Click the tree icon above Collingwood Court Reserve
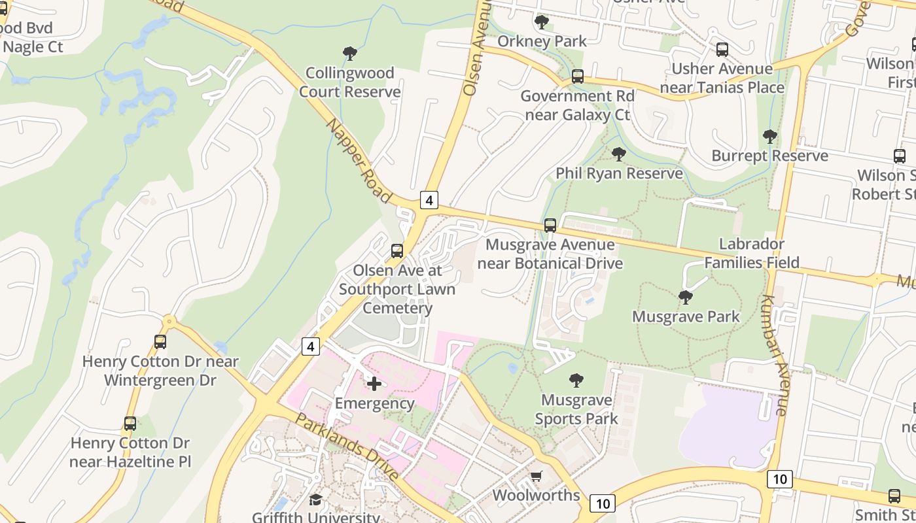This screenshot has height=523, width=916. (350, 53)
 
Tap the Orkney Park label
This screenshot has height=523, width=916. (542, 41)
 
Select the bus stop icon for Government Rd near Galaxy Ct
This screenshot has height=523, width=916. (578, 76)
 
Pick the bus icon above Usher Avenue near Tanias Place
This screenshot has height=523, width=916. (722, 49)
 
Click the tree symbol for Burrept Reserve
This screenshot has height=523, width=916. (769, 137)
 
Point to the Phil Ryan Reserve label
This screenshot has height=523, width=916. (619, 173)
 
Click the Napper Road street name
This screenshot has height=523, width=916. (359, 161)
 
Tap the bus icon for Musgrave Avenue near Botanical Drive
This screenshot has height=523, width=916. (550, 226)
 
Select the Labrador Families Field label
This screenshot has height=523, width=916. (752, 253)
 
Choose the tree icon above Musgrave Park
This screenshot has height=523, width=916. (686, 297)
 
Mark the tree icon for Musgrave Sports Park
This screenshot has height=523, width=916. (576, 380)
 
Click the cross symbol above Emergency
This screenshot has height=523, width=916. (374, 384)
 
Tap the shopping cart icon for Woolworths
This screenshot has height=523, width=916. (537, 476)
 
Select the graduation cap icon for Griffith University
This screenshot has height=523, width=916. (316, 499)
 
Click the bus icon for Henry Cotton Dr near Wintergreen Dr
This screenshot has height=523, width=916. (160, 341)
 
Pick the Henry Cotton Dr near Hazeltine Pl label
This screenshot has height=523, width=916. (130, 452)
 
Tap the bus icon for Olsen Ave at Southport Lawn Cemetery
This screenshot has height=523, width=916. (396, 251)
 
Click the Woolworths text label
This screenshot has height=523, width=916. (536, 495)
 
